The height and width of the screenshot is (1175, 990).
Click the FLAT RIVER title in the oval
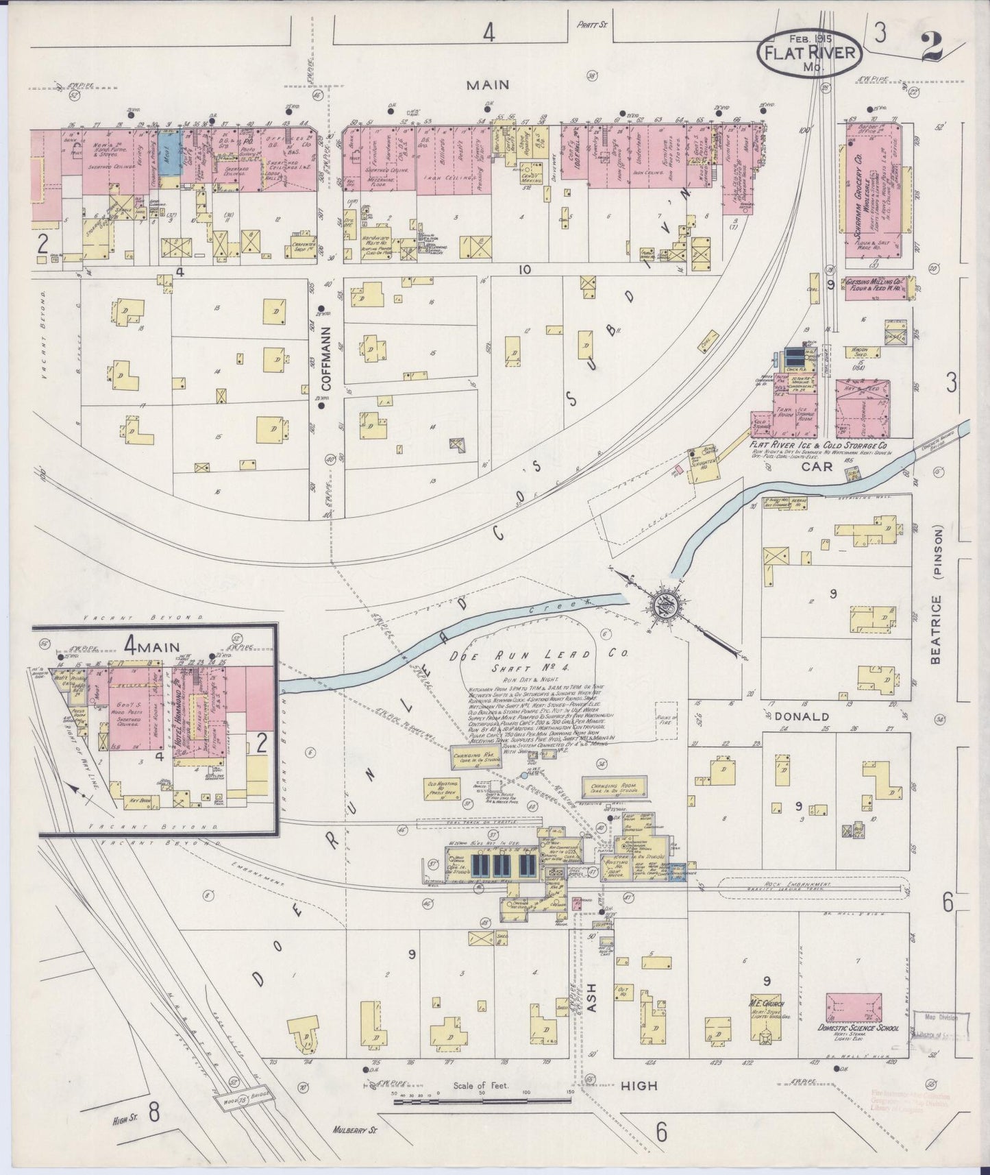(x=809, y=54)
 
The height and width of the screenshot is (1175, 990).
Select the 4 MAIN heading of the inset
(x=151, y=644)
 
